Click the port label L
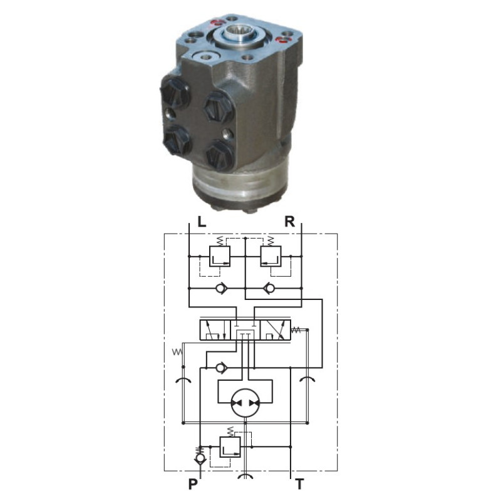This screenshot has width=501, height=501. [x=202, y=222]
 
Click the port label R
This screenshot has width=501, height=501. [x=290, y=222]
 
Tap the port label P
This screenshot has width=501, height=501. [x=193, y=484]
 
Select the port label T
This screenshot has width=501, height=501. [x=299, y=484]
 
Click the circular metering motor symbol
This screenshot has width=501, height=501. [x=245, y=403]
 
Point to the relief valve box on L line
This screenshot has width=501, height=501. [x=220, y=256]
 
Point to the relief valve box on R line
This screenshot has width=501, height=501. [x=271, y=256]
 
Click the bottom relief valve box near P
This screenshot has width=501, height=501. [x=230, y=447]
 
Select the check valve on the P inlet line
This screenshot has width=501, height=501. [x=200, y=458]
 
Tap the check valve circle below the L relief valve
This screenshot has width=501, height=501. [x=221, y=289]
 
